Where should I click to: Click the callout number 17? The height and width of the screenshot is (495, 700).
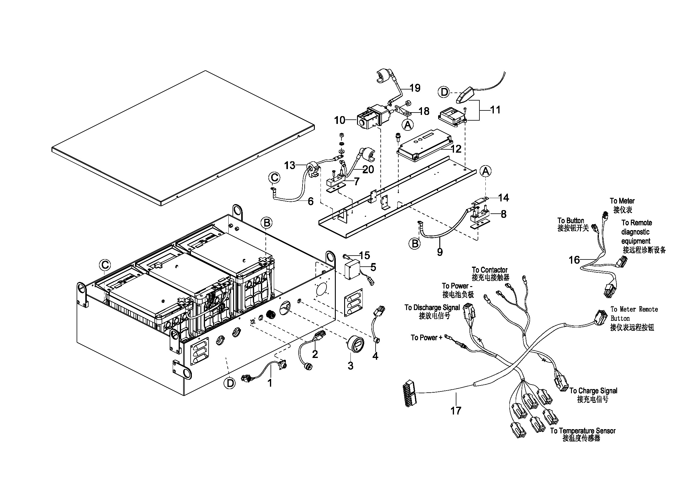coord(456,411)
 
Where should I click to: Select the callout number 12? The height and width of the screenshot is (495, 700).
coord(456,149)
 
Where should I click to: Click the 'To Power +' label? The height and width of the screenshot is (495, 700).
coord(426,337)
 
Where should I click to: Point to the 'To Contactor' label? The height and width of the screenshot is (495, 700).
coord(489,270)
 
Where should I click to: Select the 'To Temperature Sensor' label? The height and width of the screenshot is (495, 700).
coord(583,431)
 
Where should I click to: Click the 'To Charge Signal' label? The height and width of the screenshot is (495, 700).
coord(593,391)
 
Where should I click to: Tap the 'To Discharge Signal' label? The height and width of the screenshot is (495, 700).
coord(432,308)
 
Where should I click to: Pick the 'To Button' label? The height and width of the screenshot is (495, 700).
coord(570,220)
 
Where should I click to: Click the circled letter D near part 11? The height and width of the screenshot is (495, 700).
coord(444,92)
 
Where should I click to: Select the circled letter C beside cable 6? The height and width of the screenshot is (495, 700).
coord(274,178)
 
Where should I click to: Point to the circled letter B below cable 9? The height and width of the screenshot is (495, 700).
coord(415,244)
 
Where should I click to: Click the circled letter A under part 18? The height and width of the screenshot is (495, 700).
coord(408,125)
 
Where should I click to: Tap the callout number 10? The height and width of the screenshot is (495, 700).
coord(340,120)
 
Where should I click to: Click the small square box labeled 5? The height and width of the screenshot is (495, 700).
coord(352,270)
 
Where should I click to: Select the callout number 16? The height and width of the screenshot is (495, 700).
coord(574,260)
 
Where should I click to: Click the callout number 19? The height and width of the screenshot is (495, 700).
coord(415,88)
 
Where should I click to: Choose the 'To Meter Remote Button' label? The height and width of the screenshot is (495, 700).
coord(634,318)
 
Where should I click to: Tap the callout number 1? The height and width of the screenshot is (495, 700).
coord(270,383)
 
